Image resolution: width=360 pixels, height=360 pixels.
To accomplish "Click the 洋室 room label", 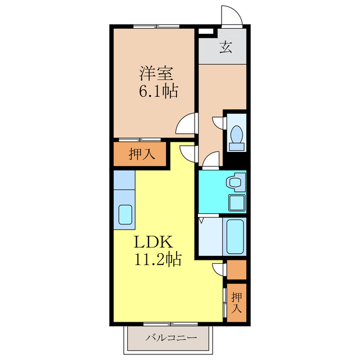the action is click(156, 74).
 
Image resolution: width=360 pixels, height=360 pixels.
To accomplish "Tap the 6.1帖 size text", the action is click(158, 91).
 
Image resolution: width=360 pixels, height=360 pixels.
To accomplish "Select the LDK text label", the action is click(153, 242).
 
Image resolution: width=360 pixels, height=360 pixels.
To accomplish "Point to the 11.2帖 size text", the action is click(158, 259).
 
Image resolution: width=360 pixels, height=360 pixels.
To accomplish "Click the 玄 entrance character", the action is click(226, 47).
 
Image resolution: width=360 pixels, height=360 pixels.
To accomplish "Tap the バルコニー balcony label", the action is click(171, 337).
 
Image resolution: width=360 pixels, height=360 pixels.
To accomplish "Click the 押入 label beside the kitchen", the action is click(142, 154).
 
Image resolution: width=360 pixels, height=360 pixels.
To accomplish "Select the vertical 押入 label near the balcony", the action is click(236, 303).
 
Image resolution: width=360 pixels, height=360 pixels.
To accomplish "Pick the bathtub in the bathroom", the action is click(235, 236).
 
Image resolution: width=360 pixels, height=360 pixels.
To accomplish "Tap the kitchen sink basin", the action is click(125, 214).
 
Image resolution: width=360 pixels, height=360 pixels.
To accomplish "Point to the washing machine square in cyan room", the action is click(237, 202).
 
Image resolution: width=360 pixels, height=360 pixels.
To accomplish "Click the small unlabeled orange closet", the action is click(237, 269).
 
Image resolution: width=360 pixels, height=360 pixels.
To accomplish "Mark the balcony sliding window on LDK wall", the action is click(170, 324).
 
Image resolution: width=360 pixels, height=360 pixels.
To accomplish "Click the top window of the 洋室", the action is click(156, 26).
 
